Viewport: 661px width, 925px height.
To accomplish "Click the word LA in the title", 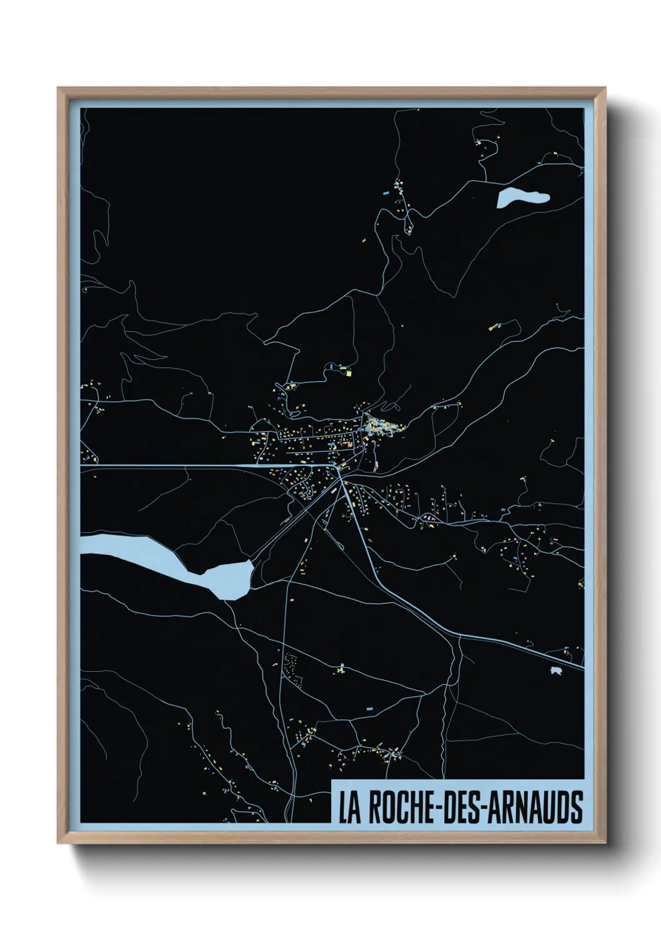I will click(x=349, y=807).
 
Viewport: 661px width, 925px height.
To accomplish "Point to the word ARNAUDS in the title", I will click(x=535, y=807).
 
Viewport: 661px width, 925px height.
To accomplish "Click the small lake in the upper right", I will click(x=522, y=197).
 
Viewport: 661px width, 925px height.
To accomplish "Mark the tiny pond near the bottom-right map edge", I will click(x=555, y=671).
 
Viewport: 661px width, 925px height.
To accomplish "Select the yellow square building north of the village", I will click(x=349, y=374).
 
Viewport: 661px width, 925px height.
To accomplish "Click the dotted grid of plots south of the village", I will click(x=292, y=668).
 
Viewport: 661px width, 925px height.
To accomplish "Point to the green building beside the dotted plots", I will click(x=340, y=669).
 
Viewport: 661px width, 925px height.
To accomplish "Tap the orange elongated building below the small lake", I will click(x=495, y=326).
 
